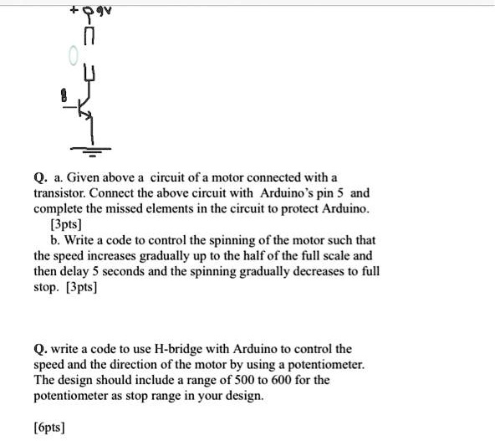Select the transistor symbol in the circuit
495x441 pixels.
[x=84, y=110]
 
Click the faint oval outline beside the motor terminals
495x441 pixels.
[x=73, y=57]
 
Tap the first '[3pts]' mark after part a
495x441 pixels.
[x=67, y=224]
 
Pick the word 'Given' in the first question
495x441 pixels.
[x=84, y=177]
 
